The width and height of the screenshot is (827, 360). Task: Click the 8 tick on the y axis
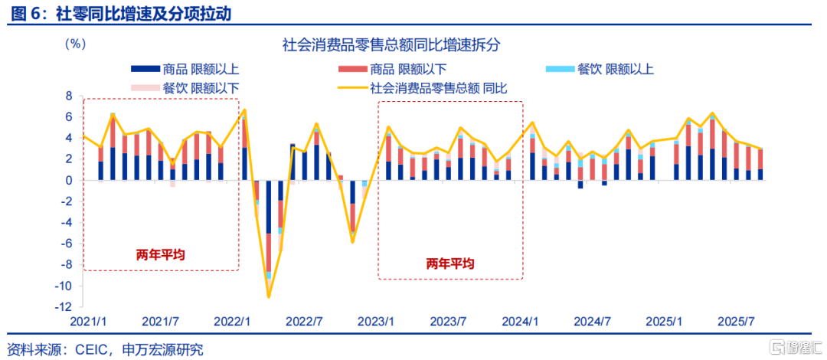coord(68,97)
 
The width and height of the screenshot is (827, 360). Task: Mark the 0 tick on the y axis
coord(68,181)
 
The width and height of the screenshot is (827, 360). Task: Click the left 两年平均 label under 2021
coord(161,254)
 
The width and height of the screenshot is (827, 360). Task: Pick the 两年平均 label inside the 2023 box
coord(450,263)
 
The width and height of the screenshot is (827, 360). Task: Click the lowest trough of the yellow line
coord(269,297)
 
